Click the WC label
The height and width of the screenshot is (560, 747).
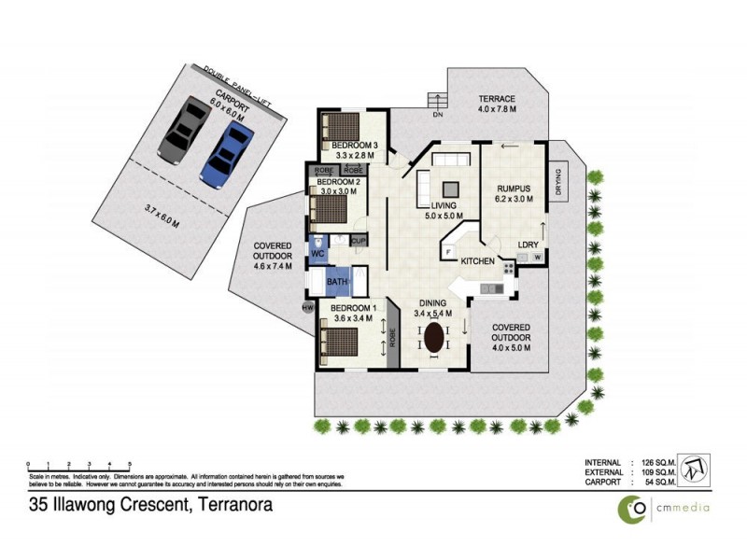317,254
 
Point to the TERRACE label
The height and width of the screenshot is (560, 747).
498,98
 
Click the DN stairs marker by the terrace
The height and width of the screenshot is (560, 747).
436,116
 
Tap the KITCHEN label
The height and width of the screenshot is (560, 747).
476,261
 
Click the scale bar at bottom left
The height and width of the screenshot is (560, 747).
78,464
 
